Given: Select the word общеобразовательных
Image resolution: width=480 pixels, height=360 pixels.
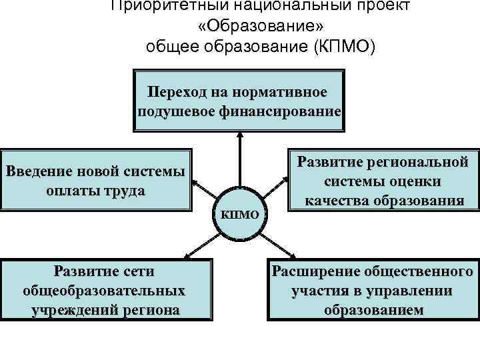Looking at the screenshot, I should point(103,291).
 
